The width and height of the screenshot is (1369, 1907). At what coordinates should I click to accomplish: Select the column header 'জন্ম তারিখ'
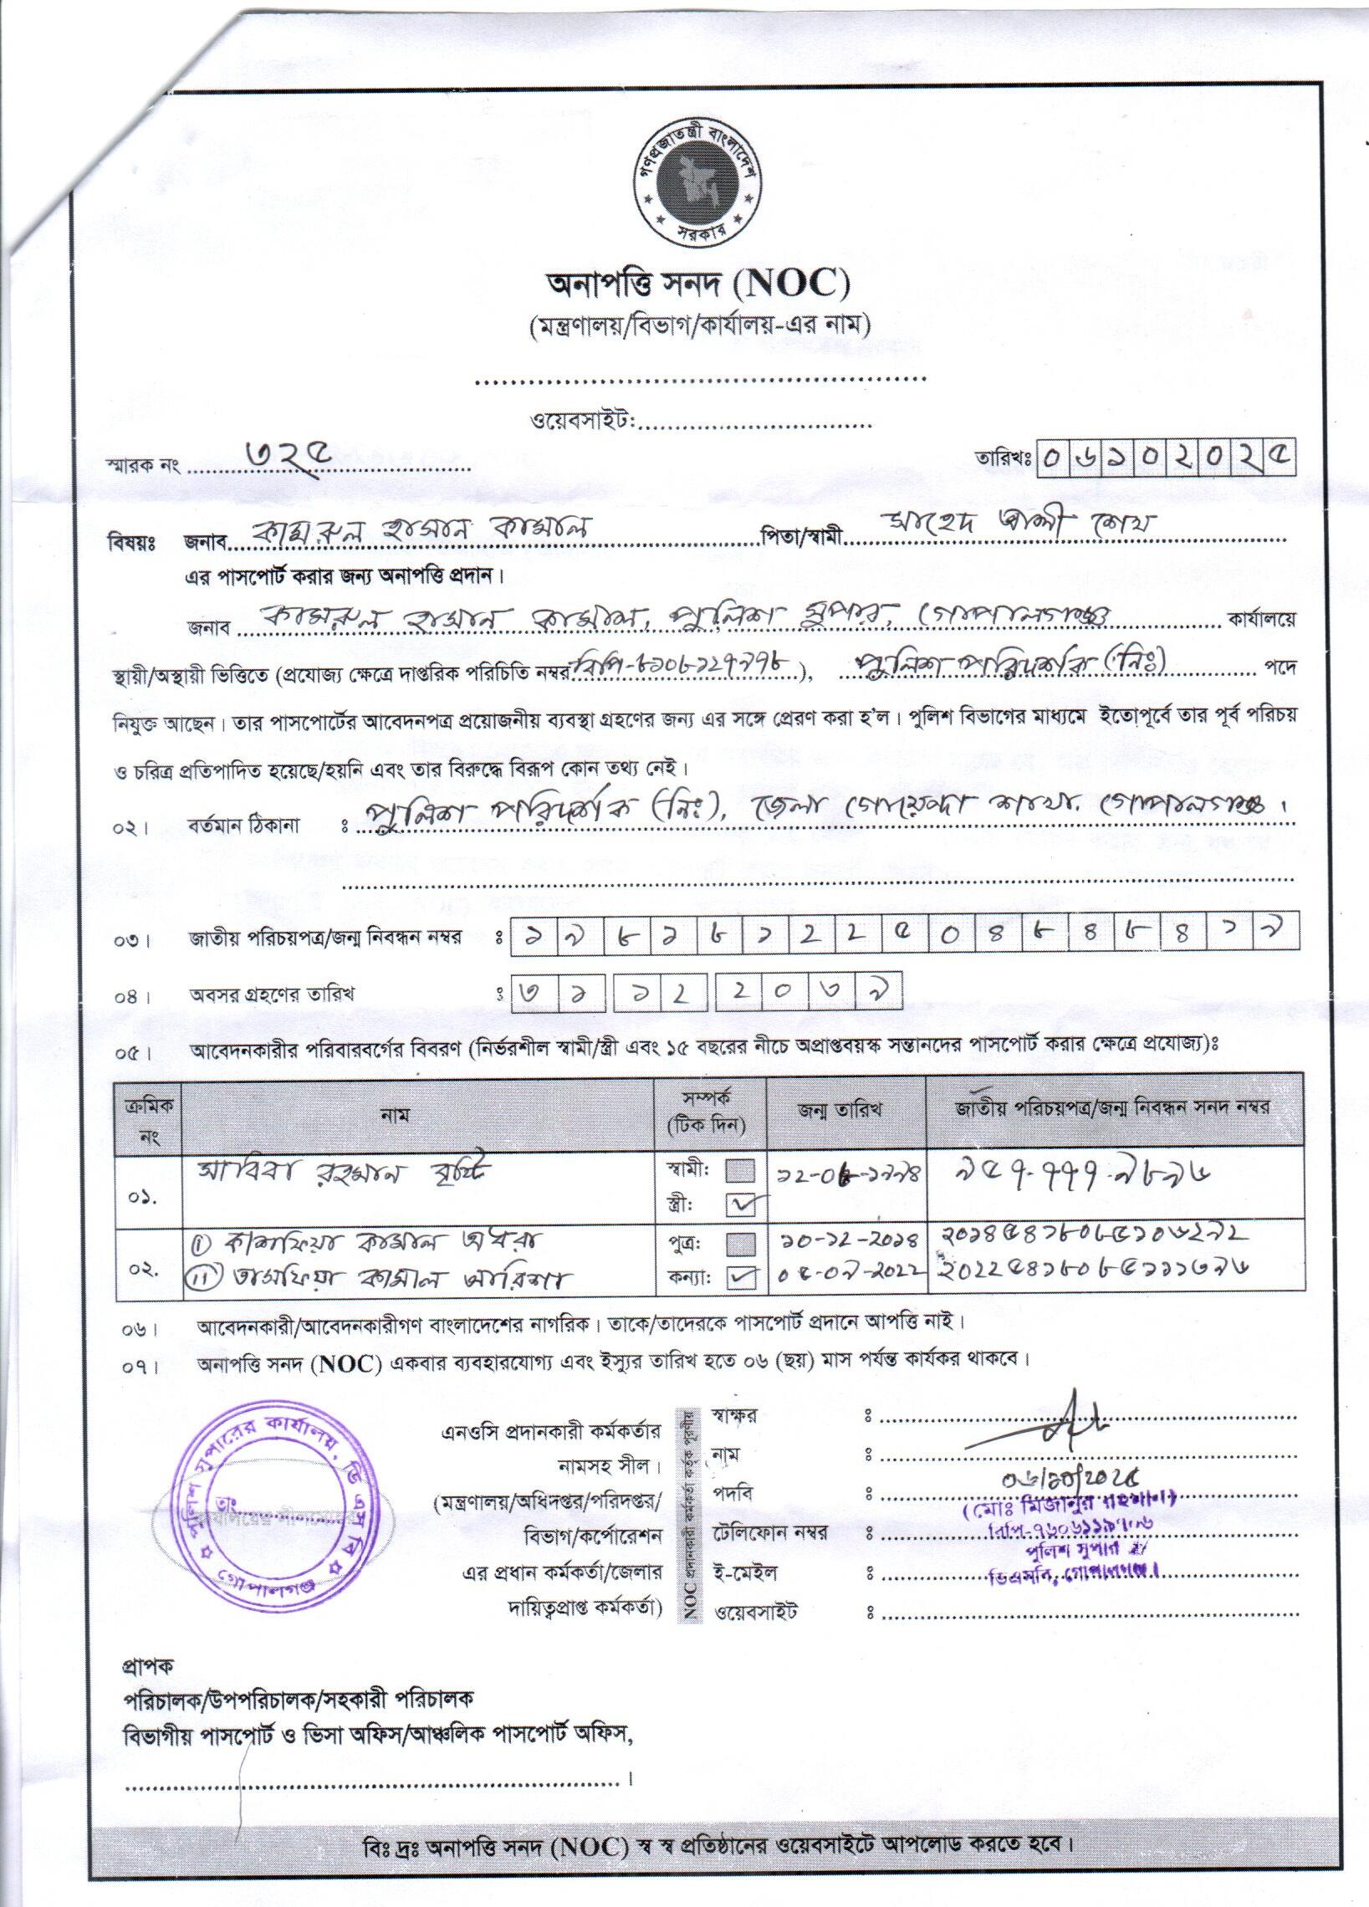(x=846, y=1109)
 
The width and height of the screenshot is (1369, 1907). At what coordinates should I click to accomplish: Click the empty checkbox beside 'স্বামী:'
(x=741, y=1170)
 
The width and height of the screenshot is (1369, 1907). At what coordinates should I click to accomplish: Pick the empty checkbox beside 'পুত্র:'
(x=741, y=1245)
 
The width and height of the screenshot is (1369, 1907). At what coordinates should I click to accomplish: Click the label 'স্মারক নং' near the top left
(x=143, y=464)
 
